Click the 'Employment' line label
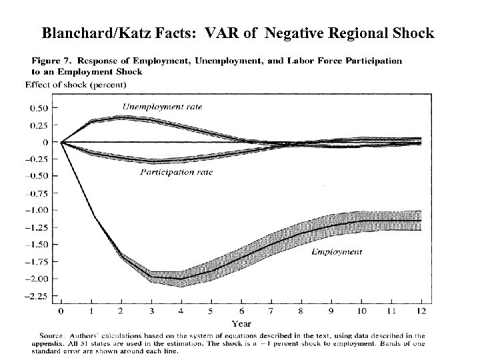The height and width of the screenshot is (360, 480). click(x=337, y=252)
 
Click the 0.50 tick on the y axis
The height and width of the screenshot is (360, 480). click(x=38, y=108)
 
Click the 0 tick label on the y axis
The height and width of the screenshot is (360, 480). click(x=45, y=142)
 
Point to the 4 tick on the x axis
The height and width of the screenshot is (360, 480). click(x=181, y=311)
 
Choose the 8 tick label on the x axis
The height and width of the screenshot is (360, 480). click(x=300, y=311)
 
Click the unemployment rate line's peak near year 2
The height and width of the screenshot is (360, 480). click(x=121, y=117)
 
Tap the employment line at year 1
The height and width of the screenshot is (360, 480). click(x=91, y=215)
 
